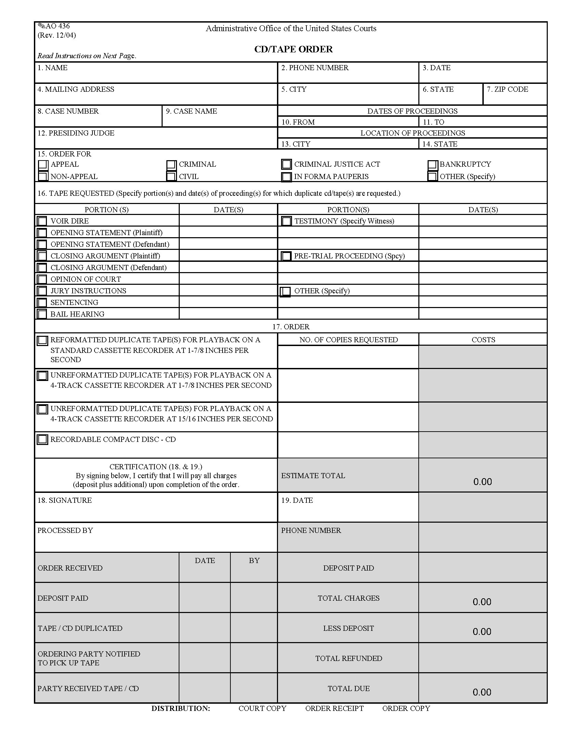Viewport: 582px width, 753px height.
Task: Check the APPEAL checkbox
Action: pyautogui.click(x=43, y=164)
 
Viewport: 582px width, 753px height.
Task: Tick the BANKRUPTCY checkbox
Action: pyautogui.click(x=433, y=164)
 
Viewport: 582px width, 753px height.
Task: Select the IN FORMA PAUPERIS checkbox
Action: pyautogui.click(x=286, y=177)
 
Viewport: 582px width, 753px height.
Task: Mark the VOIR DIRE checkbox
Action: pyautogui.click(x=42, y=221)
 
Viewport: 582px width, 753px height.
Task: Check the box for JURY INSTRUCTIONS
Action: pyautogui.click(x=42, y=291)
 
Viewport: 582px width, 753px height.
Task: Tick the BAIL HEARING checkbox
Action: pyautogui.click(x=42, y=314)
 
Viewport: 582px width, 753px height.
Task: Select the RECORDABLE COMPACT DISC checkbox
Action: pyautogui.click(x=42, y=439)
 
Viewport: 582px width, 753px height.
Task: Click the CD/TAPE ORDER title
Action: pyautogui.click(x=293, y=49)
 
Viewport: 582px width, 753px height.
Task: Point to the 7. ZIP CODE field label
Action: pyautogui.click(x=507, y=89)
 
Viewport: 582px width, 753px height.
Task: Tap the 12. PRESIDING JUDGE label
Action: pyautogui.click(x=76, y=133)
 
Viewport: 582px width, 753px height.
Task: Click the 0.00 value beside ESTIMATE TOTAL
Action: pyautogui.click(x=482, y=482)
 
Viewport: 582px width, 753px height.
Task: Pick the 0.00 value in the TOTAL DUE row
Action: pyautogui.click(x=482, y=692)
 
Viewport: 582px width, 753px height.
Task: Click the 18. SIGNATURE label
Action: pyautogui.click(x=64, y=500)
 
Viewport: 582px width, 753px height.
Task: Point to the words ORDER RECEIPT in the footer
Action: pyautogui.click(x=334, y=708)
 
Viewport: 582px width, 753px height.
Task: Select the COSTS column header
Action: pyautogui.click(x=483, y=340)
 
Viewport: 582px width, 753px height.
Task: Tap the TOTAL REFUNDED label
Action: pyautogui.click(x=349, y=658)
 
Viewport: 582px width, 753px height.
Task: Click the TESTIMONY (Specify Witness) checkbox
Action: pyautogui.click(x=286, y=221)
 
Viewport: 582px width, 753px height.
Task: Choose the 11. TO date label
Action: pyautogui.click(x=433, y=122)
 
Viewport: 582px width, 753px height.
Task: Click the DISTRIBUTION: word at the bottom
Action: pyautogui.click(x=181, y=708)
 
